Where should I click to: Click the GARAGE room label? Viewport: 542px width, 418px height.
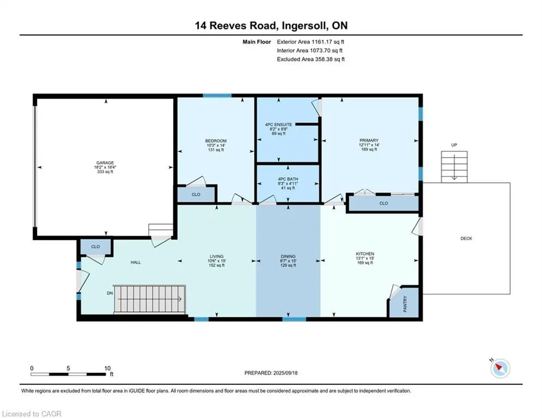[105, 163]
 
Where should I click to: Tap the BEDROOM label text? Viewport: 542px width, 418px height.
[216, 141]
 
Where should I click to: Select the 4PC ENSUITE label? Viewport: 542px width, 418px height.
[278, 124]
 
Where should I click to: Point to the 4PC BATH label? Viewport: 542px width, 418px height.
[288, 179]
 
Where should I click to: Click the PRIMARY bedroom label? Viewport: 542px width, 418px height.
[369, 140]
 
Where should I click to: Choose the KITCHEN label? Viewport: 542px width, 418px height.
[365, 254]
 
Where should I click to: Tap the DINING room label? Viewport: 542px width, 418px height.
[288, 256]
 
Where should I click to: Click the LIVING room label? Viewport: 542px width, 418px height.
[217, 256]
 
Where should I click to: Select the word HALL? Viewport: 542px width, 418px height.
[136, 262]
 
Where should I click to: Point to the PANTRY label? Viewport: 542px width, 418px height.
[405, 304]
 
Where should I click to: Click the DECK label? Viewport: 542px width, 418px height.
[466, 238]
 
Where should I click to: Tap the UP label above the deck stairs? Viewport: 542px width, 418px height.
[454, 145]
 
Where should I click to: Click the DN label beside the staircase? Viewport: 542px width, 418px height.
[110, 293]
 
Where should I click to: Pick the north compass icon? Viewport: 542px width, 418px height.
[500, 368]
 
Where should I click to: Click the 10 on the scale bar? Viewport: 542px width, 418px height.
[107, 368]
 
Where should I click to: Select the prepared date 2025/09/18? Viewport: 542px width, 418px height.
[285, 373]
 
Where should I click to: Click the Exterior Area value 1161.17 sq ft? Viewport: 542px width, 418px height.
[328, 42]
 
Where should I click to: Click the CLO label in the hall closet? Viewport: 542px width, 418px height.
[95, 247]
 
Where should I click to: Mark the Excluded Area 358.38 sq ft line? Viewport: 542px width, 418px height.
[310, 59]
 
